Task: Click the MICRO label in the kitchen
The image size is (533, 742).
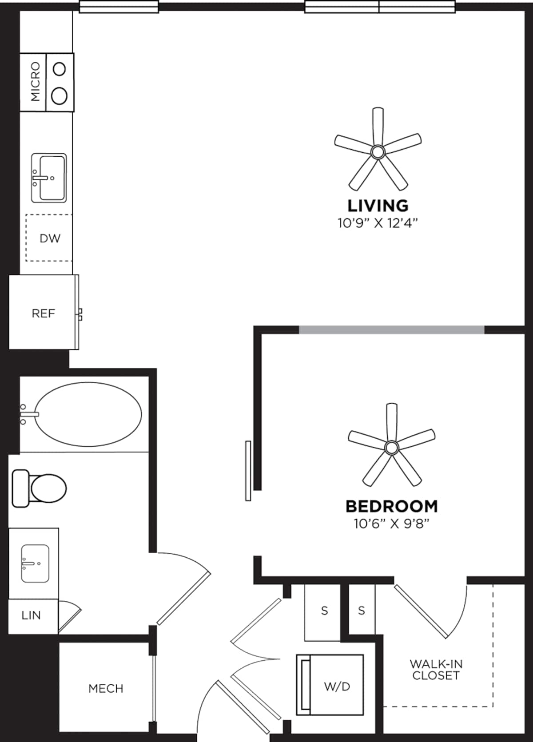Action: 35,82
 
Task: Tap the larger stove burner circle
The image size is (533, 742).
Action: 60,96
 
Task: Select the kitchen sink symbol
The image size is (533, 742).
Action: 49,178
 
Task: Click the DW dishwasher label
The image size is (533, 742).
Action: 50,238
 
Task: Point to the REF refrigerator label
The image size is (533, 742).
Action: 43,313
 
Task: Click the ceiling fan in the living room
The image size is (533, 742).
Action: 378,152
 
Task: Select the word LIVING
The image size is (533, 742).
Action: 378,206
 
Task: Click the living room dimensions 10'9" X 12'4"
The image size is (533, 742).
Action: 378,223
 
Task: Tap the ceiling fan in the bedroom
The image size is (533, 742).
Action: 391,447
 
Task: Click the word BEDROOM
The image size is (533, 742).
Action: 391,506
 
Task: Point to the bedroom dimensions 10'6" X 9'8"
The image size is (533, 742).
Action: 391,524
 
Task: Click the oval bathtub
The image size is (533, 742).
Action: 88,414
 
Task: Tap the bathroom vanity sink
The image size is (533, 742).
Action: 35,563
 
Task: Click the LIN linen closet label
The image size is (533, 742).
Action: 31,615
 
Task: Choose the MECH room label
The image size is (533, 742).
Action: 106,689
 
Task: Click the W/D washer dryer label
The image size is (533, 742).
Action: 337,686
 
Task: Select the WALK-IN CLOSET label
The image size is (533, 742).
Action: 436,670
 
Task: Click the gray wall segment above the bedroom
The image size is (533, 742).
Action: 391,329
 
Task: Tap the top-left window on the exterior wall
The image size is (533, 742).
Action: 119,7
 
